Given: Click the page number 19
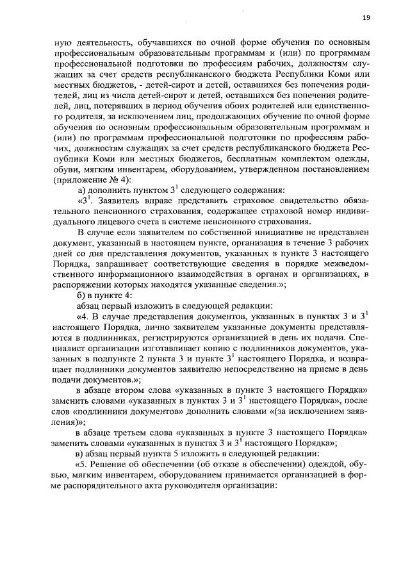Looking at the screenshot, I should pyautogui.click(x=366, y=17).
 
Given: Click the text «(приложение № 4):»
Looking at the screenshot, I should pyautogui.click(x=93, y=181).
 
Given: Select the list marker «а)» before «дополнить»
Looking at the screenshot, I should pyautogui.click(x=82, y=192).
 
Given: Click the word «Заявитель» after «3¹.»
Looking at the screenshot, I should pyautogui.click(x=120, y=204).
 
